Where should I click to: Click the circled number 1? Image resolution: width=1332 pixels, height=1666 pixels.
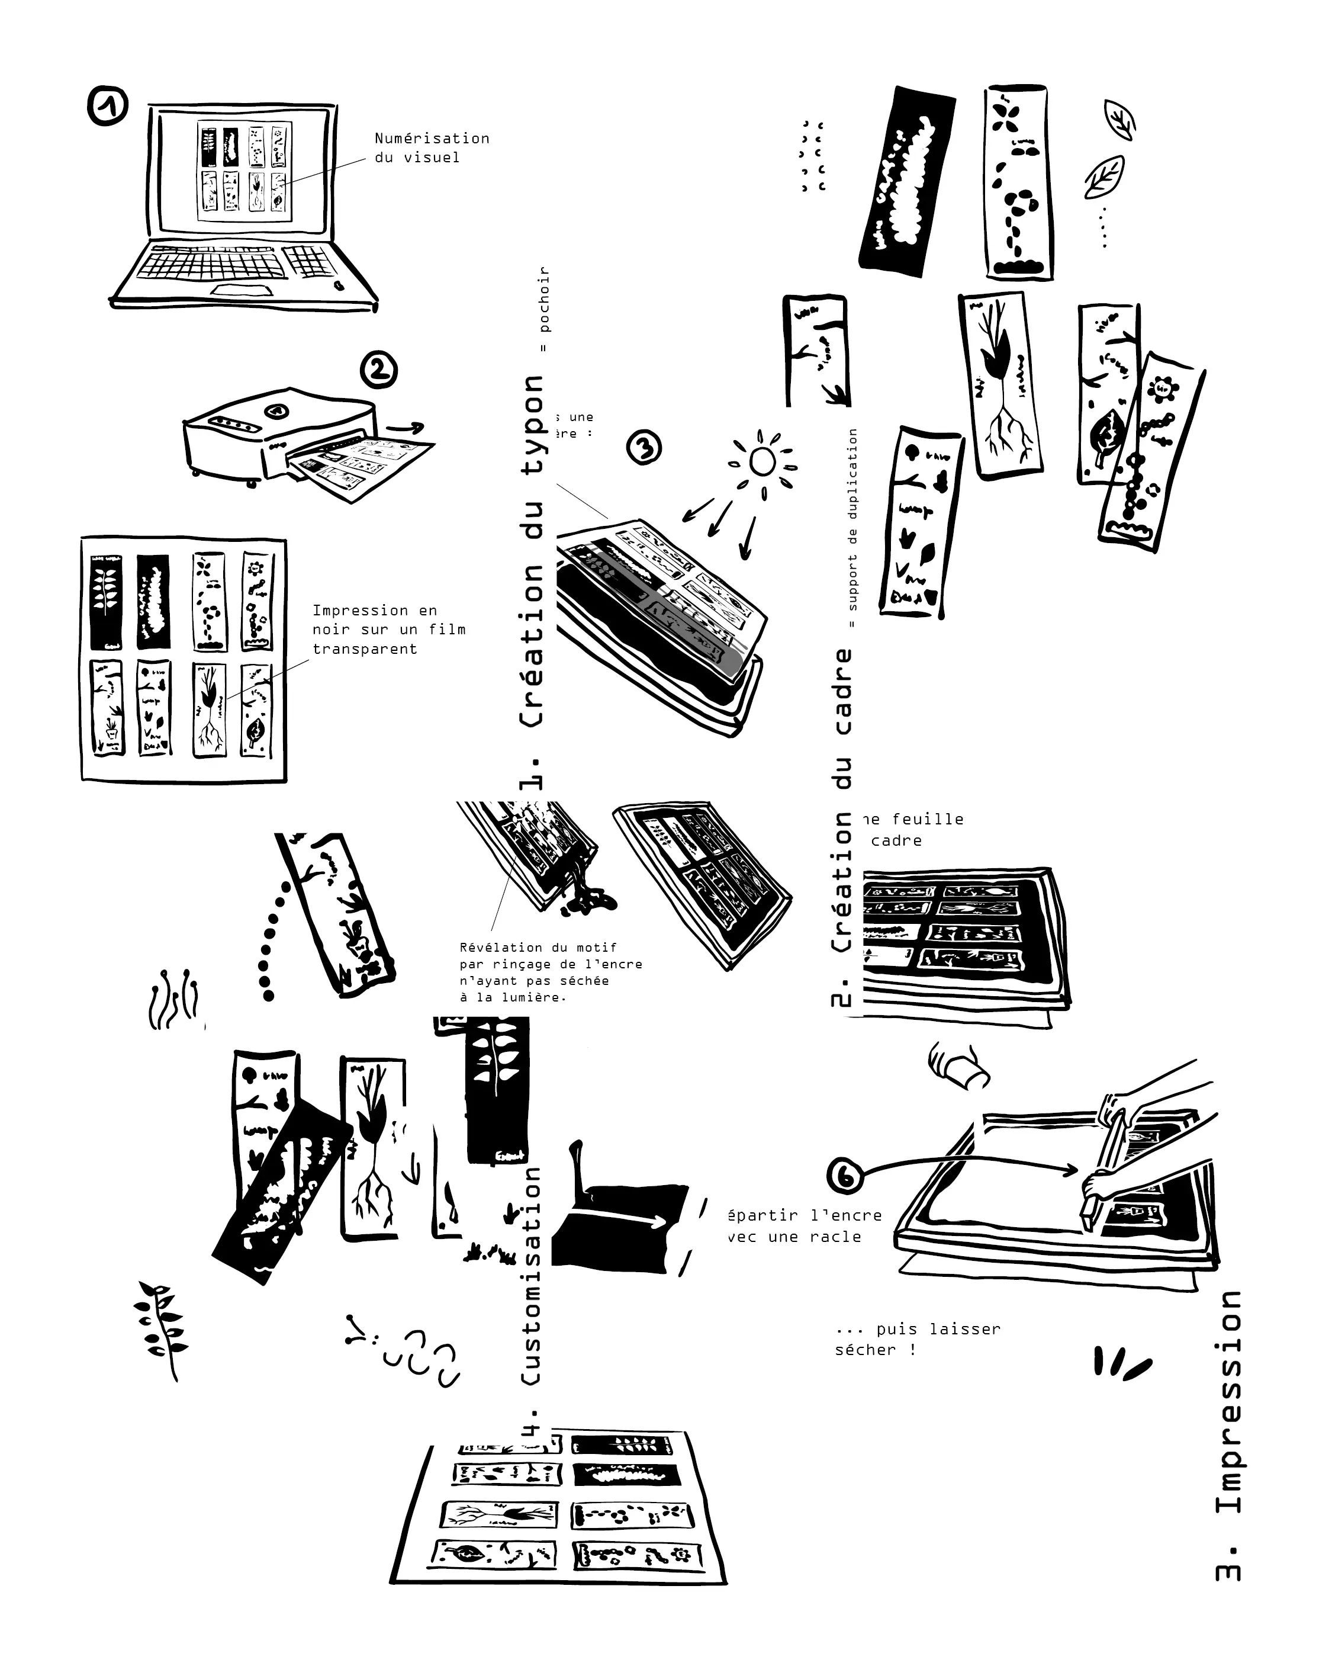tap(107, 107)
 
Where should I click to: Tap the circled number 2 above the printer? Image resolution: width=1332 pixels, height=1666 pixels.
tap(379, 370)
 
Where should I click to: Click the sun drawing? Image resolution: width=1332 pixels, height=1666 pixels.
tap(762, 462)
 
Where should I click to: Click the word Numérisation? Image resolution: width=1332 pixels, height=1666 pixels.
tap(432, 139)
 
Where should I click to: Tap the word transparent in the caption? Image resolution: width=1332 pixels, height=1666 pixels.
tap(365, 649)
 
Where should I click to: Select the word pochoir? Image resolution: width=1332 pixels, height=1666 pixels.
tap(544, 299)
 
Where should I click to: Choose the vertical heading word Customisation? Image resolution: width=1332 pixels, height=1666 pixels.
tap(532, 1276)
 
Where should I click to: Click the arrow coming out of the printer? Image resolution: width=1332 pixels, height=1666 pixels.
tap(406, 428)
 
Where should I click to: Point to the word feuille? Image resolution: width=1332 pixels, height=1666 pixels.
tap(927, 819)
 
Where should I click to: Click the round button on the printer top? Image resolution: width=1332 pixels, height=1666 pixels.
tap(276, 410)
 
